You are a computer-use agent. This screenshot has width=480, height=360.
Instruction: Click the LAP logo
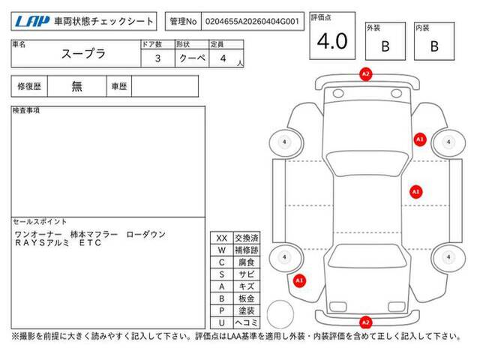[32, 22]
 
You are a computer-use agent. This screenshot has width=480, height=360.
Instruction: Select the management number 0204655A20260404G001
[252, 22]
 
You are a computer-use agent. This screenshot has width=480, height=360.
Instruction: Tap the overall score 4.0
[332, 41]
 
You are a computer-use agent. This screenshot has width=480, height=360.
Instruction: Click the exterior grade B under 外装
[385, 46]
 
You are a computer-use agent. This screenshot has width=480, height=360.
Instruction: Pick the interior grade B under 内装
[434, 46]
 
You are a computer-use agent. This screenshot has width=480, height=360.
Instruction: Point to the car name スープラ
[83, 54]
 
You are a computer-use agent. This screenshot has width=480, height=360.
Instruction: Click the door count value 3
[157, 58]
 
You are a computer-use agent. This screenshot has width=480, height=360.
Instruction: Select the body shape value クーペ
[192, 58]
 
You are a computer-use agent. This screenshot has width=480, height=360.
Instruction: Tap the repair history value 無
[76, 86]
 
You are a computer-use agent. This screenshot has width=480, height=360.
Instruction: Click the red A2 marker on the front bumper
[366, 74]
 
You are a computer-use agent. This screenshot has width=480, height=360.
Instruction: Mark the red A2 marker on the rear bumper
[366, 322]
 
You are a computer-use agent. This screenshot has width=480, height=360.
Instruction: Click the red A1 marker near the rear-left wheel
[299, 280]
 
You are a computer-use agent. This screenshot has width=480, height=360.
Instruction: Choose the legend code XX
[222, 238]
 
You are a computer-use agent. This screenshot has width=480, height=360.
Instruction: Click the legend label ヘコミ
[247, 322]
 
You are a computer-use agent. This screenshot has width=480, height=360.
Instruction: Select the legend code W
[222, 250]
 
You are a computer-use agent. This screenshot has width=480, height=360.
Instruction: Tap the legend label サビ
[247, 274]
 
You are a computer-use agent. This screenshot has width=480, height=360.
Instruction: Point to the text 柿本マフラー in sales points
[94, 235]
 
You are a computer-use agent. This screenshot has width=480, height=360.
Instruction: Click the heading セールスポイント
[40, 222]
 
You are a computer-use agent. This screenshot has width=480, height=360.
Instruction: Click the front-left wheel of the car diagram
[286, 142]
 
